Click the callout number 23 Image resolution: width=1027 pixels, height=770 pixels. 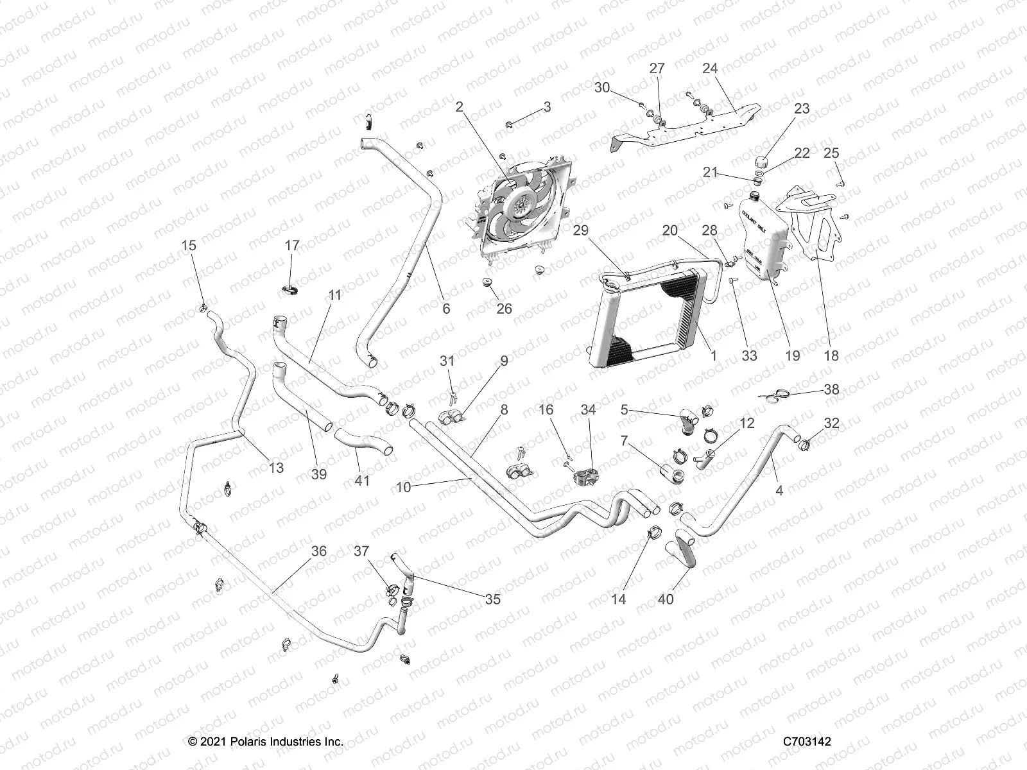[x=802, y=109]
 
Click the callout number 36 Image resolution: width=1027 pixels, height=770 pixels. [x=319, y=551]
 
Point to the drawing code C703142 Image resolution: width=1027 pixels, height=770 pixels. [x=807, y=741]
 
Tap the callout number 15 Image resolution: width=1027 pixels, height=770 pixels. [x=189, y=245]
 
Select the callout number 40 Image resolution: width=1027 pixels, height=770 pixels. [x=666, y=599]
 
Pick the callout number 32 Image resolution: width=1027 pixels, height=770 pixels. [x=831, y=423]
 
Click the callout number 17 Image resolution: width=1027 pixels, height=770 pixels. [x=292, y=245]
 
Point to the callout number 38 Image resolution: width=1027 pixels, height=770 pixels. [x=831, y=389]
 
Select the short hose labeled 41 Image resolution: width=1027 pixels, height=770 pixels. [x=363, y=443]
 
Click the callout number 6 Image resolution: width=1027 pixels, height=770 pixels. [x=446, y=309]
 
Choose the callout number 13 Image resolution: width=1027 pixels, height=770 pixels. [x=276, y=468]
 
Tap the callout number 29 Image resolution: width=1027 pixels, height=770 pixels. [x=580, y=230]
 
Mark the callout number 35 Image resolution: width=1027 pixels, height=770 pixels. [x=492, y=599]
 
